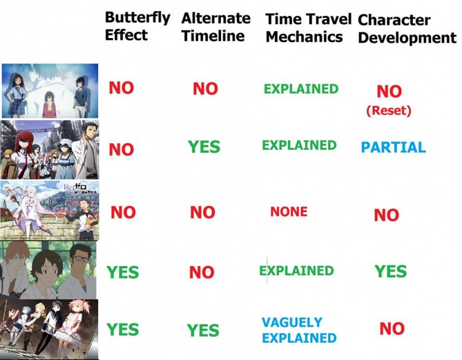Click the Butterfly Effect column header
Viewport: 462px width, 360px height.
click(137, 26)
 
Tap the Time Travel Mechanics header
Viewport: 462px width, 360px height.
click(307, 28)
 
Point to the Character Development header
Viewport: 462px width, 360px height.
click(407, 29)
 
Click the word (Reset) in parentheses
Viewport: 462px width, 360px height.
click(388, 111)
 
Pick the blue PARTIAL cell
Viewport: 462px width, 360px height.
click(393, 147)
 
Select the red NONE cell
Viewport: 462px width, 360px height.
click(288, 212)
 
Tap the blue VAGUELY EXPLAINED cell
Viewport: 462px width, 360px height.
click(299, 330)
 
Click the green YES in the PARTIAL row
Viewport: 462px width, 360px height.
click(204, 147)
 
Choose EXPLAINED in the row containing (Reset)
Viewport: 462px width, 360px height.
click(301, 89)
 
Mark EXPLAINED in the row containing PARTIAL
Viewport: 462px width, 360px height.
click(299, 145)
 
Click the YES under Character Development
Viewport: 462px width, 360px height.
click(390, 271)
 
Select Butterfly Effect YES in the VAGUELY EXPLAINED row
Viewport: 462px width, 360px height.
click(123, 329)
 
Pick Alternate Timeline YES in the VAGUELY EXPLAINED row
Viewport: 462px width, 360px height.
click(202, 331)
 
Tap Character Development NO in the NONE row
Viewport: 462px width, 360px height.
click(386, 215)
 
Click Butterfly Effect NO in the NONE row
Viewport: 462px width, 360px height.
click(123, 212)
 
